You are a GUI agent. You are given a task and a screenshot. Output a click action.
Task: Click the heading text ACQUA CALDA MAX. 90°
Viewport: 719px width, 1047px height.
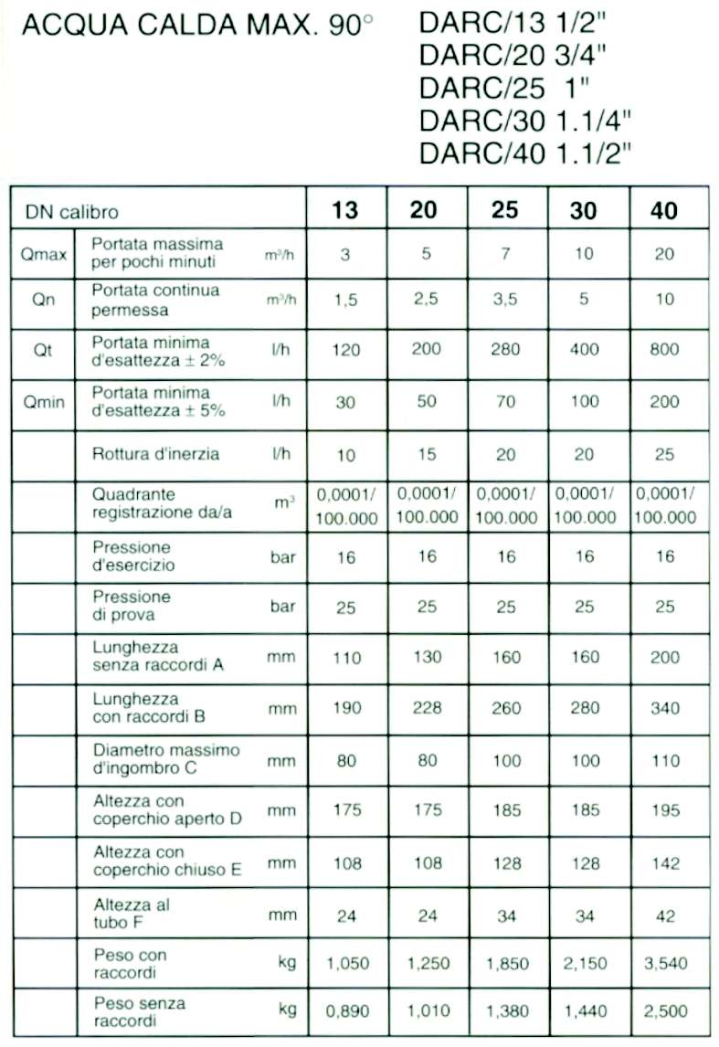(196, 25)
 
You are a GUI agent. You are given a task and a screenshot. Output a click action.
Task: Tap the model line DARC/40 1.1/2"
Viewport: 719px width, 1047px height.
(526, 153)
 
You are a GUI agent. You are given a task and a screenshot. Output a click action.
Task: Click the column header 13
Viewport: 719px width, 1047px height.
(345, 210)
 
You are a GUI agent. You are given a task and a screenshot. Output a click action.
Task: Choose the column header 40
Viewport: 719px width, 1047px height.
(664, 210)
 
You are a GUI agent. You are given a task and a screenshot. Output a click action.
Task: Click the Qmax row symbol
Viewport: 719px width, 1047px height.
(44, 254)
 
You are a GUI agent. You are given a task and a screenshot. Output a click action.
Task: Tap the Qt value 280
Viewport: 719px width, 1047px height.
(505, 349)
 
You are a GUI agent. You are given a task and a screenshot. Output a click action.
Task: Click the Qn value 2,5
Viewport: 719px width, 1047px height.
(426, 301)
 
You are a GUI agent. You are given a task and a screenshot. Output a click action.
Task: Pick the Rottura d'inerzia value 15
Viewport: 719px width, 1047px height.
(426, 454)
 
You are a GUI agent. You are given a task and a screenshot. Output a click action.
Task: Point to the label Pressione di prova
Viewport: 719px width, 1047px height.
(132, 606)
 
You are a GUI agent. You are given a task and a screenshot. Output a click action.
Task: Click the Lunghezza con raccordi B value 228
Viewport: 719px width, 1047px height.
(426, 708)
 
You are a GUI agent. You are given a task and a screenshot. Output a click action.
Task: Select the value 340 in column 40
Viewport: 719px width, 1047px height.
(665, 708)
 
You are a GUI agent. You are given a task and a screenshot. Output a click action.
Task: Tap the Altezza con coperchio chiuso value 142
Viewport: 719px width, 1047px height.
(665, 862)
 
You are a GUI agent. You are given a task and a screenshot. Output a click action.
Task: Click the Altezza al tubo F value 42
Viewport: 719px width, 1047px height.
(665, 914)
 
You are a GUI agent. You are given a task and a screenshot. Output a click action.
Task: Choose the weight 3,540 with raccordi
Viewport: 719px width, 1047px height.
(665, 964)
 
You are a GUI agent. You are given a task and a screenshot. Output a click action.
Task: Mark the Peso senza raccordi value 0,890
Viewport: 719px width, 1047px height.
(346, 1010)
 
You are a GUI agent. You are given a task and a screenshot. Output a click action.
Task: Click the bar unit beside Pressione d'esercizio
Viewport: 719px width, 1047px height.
(283, 555)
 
